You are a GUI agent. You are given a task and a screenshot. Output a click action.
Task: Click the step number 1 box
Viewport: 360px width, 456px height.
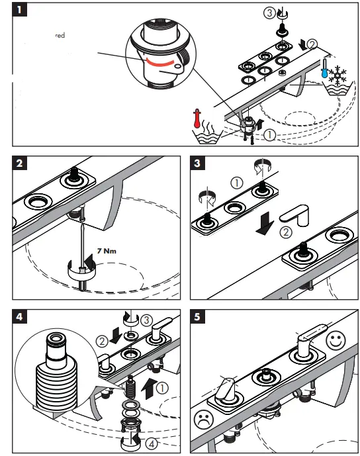pos(19,9)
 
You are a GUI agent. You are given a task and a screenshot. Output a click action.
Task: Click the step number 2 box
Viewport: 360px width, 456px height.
pos(19,163)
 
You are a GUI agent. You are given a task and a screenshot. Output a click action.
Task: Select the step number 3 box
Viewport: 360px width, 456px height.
pos(197,163)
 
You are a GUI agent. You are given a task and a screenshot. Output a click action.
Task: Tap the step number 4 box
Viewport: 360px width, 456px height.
pos(19,316)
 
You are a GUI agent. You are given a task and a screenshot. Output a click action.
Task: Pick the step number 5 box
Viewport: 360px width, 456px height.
pos(197,316)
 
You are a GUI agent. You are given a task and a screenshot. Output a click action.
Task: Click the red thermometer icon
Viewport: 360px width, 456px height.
pos(197,118)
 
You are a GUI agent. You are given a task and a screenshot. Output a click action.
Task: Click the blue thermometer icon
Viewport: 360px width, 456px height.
pos(325,68)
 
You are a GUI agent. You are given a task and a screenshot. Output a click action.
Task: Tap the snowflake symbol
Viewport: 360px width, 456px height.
pos(337,75)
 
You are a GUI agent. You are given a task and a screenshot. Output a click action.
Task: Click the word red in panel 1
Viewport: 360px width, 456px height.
pos(60,36)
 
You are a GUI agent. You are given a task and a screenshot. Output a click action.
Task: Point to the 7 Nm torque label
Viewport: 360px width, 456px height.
pos(107,251)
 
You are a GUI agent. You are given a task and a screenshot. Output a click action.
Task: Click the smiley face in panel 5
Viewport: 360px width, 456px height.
pos(336,340)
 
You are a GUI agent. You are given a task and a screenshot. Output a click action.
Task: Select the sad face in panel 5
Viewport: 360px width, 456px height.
pos(204,419)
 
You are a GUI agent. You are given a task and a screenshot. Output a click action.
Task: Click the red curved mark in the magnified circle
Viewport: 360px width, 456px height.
pos(159,63)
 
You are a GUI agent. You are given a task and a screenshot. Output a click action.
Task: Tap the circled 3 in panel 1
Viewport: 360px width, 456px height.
pos(269,13)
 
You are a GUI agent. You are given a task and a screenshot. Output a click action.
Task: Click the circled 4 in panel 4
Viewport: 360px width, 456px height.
pos(152,443)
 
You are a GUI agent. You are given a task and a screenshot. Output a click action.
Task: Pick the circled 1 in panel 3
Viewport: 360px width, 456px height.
pos(237,183)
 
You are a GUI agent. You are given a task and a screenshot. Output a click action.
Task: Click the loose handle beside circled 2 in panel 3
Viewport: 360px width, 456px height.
pos(294,215)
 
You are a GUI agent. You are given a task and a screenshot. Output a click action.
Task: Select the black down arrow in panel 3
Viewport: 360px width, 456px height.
pos(265,224)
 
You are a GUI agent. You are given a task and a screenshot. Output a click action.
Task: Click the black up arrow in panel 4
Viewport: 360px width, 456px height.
pos(149,388)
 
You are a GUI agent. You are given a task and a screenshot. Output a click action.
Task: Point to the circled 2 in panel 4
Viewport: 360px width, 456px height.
pos(102,341)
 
